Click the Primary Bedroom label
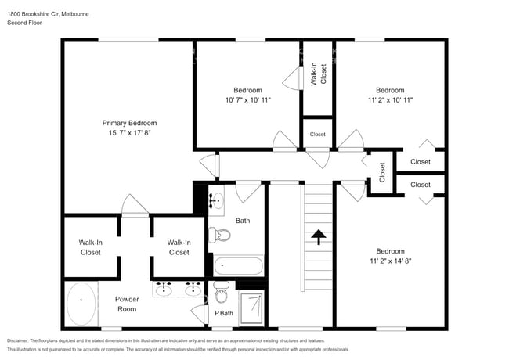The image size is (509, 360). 129,123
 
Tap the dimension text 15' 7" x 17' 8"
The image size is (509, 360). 129,133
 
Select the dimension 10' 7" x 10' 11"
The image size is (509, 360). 247,100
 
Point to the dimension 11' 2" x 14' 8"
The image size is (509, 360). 390,261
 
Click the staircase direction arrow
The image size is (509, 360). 318,236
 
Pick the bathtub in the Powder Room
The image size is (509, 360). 81,304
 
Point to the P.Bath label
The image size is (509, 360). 223,314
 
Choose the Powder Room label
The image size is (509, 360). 126,304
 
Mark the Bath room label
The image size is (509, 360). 243,221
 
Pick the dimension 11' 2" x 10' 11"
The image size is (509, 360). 390,100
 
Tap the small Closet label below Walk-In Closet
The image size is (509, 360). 317,135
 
